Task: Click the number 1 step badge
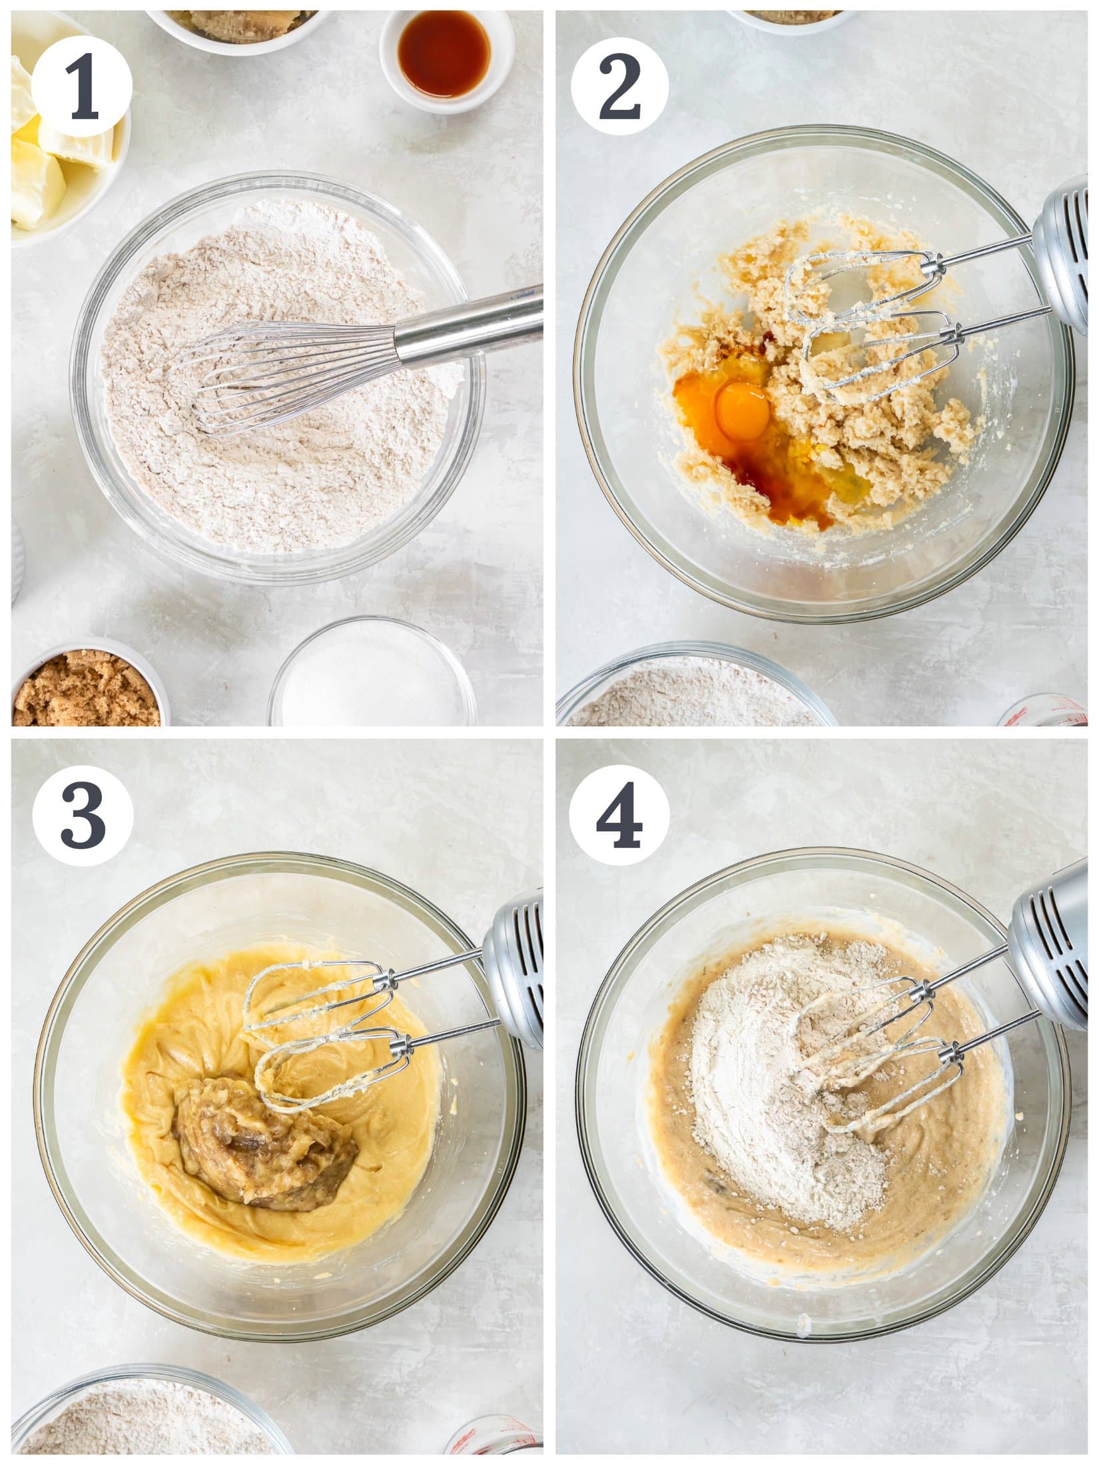point(81,87)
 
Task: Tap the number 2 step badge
point(619,87)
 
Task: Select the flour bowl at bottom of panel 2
point(693,693)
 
